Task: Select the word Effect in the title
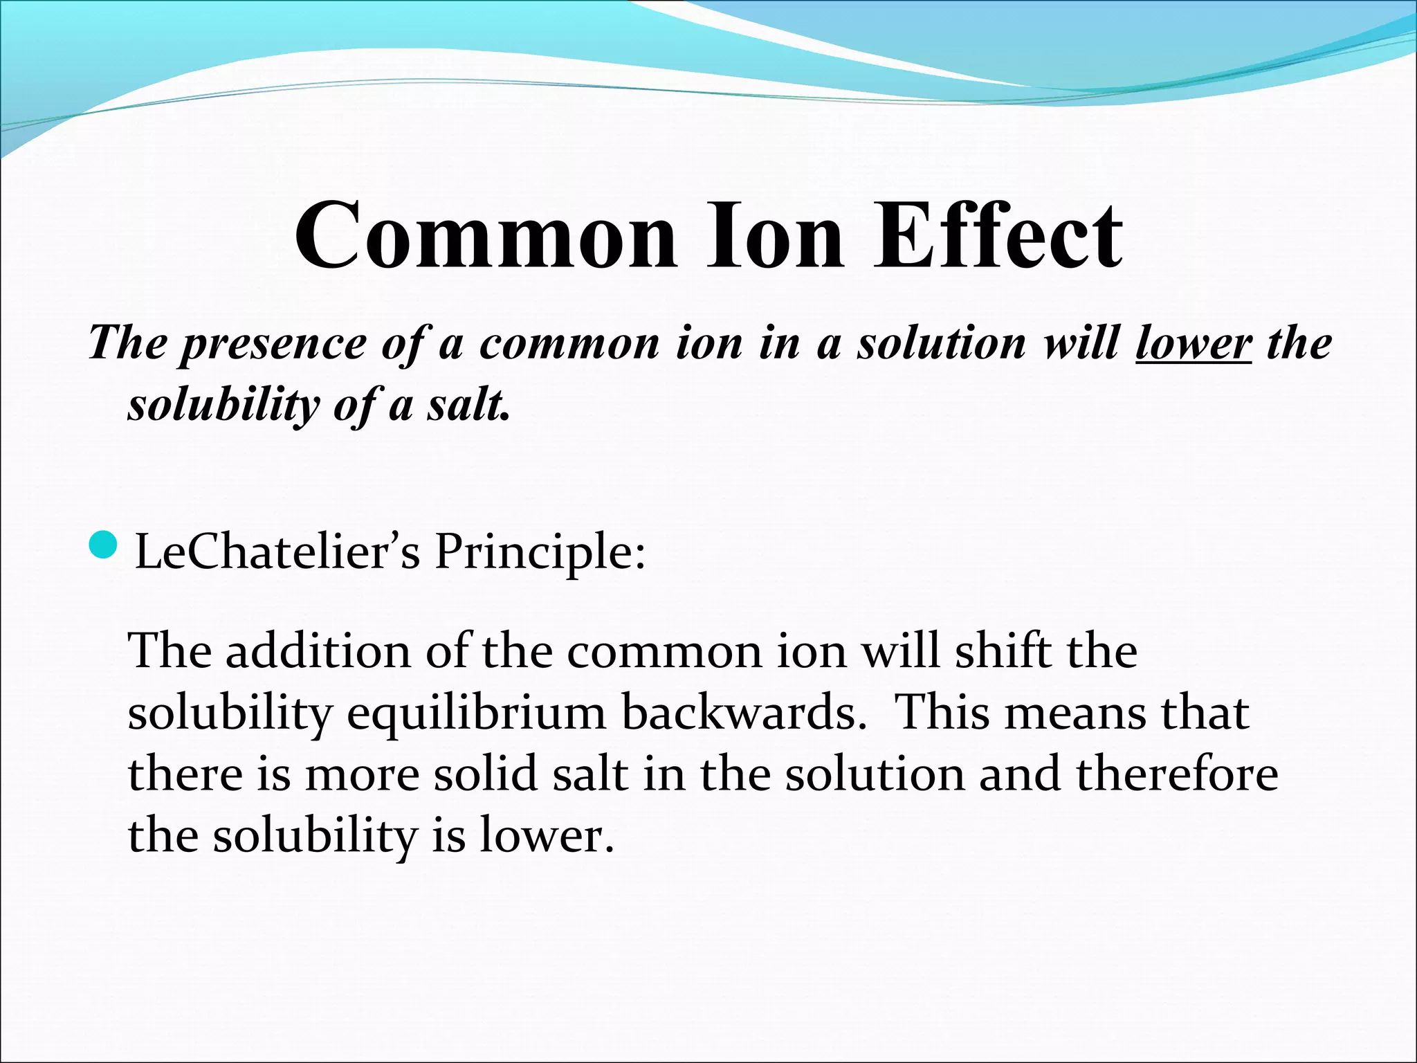[x=997, y=235]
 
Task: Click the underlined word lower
[x=1193, y=343]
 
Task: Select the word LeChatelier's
[x=277, y=552]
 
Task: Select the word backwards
[x=744, y=713]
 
